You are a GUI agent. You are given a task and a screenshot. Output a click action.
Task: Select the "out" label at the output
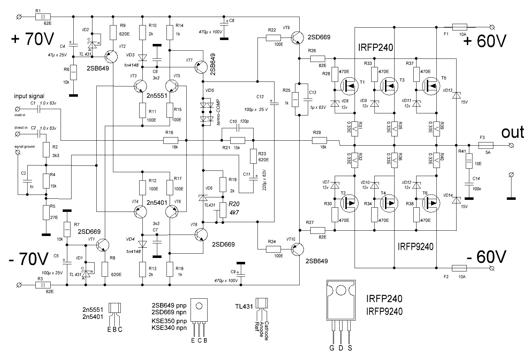tap(512, 132)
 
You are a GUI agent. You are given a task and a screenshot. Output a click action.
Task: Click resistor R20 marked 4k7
tap(223, 210)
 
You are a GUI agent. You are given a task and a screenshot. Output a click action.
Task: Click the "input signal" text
tap(29, 96)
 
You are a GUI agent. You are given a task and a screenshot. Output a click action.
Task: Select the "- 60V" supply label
tap(486, 256)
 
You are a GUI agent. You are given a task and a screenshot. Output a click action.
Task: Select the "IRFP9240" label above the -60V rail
tap(415, 247)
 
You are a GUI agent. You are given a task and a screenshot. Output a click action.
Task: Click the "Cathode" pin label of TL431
tap(266, 331)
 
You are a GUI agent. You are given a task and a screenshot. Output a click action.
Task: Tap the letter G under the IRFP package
tap(332, 348)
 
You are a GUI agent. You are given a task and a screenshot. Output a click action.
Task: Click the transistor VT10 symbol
tap(296, 249)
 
